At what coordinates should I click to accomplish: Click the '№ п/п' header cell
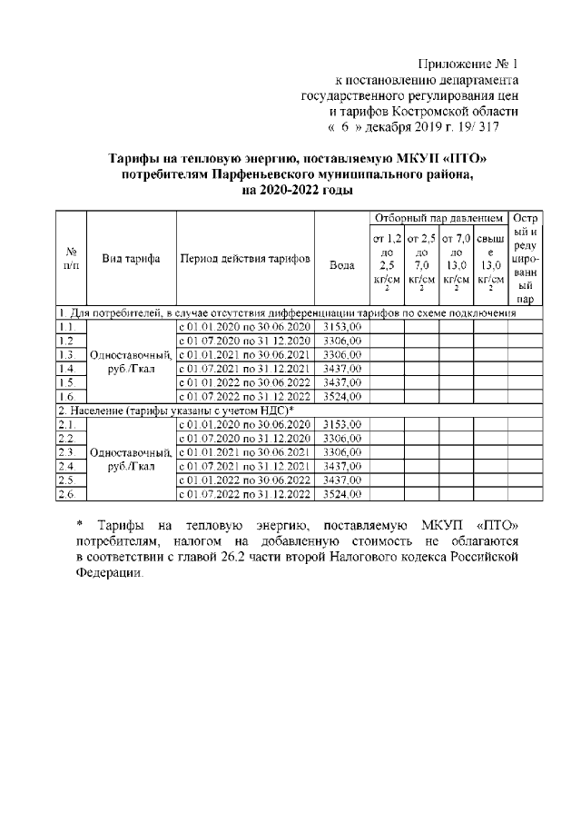point(71,258)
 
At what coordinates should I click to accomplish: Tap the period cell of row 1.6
point(244,397)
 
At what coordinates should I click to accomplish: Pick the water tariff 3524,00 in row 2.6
point(342,494)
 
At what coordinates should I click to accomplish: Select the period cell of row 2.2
point(244,438)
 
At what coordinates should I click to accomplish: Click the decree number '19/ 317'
point(481,127)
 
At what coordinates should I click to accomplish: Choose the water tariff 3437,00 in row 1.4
point(342,369)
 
